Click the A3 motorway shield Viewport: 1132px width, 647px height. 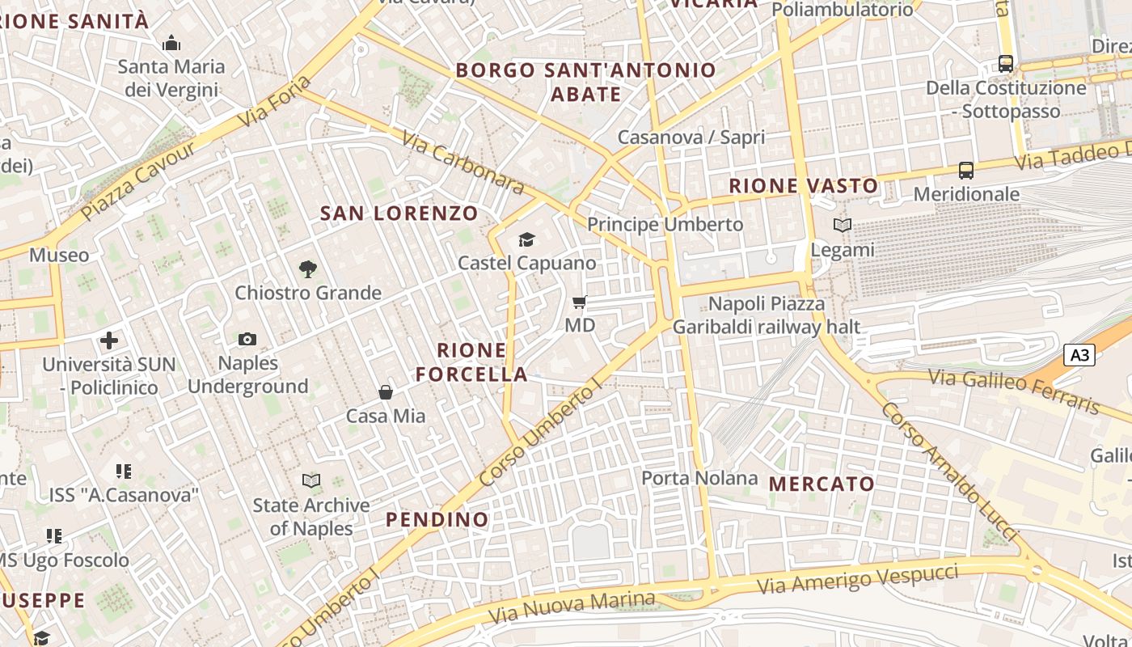pyautogui.click(x=1079, y=355)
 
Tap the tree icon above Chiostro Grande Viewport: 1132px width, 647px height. pyautogui.click(x=307, y=269)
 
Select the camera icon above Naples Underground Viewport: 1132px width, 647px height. pyautogui.click(x=247, y=340)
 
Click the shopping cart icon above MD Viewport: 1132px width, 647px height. pyautogui.click(x=579, y=302)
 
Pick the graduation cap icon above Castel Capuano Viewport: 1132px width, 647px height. pyautogui.click(x=526, y=239)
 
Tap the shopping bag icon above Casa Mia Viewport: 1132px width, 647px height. pyautogui.click(x=386, y=393)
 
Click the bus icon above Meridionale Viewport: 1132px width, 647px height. pyautogui.click(x=965, y=171)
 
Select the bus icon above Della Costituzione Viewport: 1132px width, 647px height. pyautogui.click(x=1005, y=63)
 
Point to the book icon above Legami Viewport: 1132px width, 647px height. pyautogui.click(x=843, y=226)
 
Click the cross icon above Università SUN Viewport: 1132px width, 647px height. pyautogui.click(x=109, y=340)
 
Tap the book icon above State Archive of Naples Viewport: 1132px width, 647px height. pyautogui.click(x=310, y=481)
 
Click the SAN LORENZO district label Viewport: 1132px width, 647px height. pyautogui.click(x=399, y=214)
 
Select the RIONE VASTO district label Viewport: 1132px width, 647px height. pyautogui.click(x=803, y=186)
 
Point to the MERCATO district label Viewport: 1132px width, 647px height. pyautogui.click(x=822, y=484)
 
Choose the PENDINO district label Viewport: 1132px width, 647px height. pyautogui.click(x=437, y=519)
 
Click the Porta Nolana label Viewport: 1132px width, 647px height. pyautogui.click(x=699, y=478)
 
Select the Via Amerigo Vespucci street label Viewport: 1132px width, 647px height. pyautogui.click(x=858, y=578)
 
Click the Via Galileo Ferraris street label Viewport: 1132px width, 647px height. pyautogui.click(x=1014, y=391)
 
